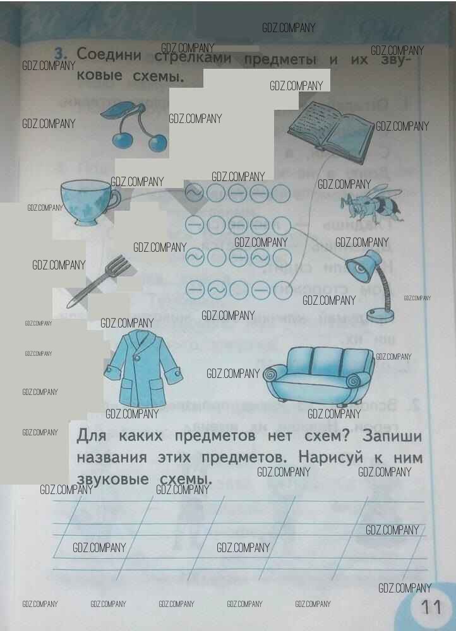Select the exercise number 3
point(61,53)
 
